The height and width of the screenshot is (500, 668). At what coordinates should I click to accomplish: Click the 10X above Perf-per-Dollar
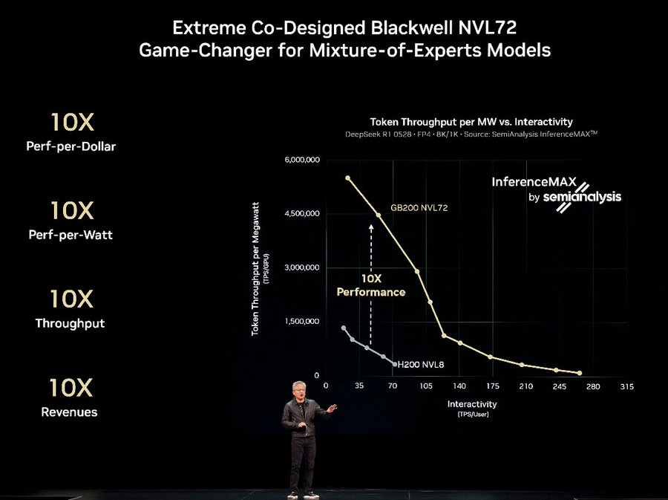(72, 123)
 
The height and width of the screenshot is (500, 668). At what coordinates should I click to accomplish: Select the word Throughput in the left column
(70, 323)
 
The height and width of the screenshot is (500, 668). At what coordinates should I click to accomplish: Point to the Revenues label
(69, 412)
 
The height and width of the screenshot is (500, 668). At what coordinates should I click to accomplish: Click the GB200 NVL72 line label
(419, 208)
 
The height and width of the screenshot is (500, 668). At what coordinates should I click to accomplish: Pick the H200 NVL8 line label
(421, 364)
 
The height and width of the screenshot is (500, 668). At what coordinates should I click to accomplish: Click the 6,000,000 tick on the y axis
(301, 160)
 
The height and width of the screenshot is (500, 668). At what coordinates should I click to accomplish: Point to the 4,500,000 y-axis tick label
(301, 214)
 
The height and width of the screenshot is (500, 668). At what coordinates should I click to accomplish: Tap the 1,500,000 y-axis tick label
(301, 321)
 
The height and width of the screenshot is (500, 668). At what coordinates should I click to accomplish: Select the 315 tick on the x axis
(627, 386)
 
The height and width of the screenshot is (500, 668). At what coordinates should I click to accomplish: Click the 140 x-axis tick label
(459, 386)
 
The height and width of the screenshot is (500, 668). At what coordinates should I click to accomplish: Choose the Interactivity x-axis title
(471, 404)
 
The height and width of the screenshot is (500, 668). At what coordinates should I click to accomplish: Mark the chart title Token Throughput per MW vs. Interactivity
(471, 121)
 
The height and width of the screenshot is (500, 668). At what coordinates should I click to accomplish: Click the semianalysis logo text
(582, 198)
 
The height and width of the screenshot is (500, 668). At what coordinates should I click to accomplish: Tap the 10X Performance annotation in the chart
(370, 285)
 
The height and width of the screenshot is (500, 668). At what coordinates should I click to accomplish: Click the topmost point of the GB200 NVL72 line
(347, 178)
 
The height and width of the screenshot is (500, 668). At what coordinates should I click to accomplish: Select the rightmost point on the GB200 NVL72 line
(579, 373)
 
